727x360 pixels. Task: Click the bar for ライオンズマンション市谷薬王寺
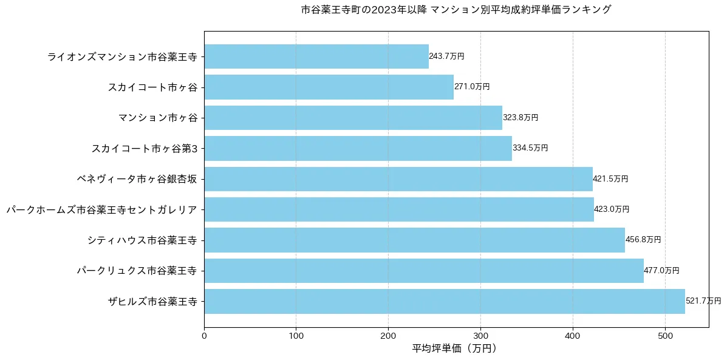point(316,56)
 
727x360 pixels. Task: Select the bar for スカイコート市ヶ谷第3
point(358,148)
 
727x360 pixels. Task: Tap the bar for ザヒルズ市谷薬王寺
point(444,301)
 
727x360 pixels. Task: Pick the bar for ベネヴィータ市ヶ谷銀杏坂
point(398,179)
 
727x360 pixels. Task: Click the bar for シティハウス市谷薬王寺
point(414,240)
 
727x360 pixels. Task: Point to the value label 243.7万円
point(446,56)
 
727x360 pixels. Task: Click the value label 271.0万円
point(472,87)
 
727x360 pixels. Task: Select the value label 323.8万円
point(521,118)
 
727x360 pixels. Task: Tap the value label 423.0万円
point(612,209)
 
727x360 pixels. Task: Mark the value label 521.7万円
point(703,301)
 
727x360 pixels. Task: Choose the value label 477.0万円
point(661,271)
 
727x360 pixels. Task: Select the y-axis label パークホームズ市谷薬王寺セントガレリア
point(101,209)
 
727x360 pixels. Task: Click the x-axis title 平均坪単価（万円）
point(456,349)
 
